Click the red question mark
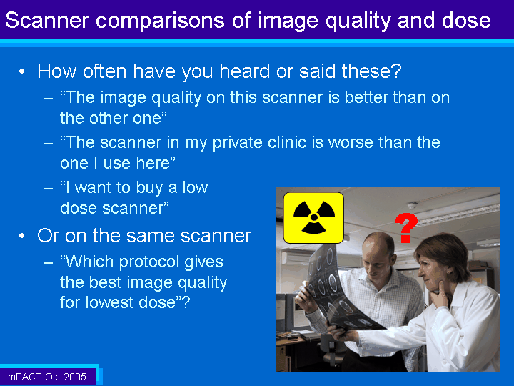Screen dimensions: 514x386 [x=405, y=228]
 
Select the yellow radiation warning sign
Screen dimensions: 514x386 [x=313, y=217]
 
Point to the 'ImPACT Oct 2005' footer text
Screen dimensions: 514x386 [x=45, y=377]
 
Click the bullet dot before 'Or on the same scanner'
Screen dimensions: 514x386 [x=21, y=236]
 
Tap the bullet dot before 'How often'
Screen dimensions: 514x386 [x=21, y=71]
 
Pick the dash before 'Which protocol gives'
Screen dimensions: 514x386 [x=49, y=262]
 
